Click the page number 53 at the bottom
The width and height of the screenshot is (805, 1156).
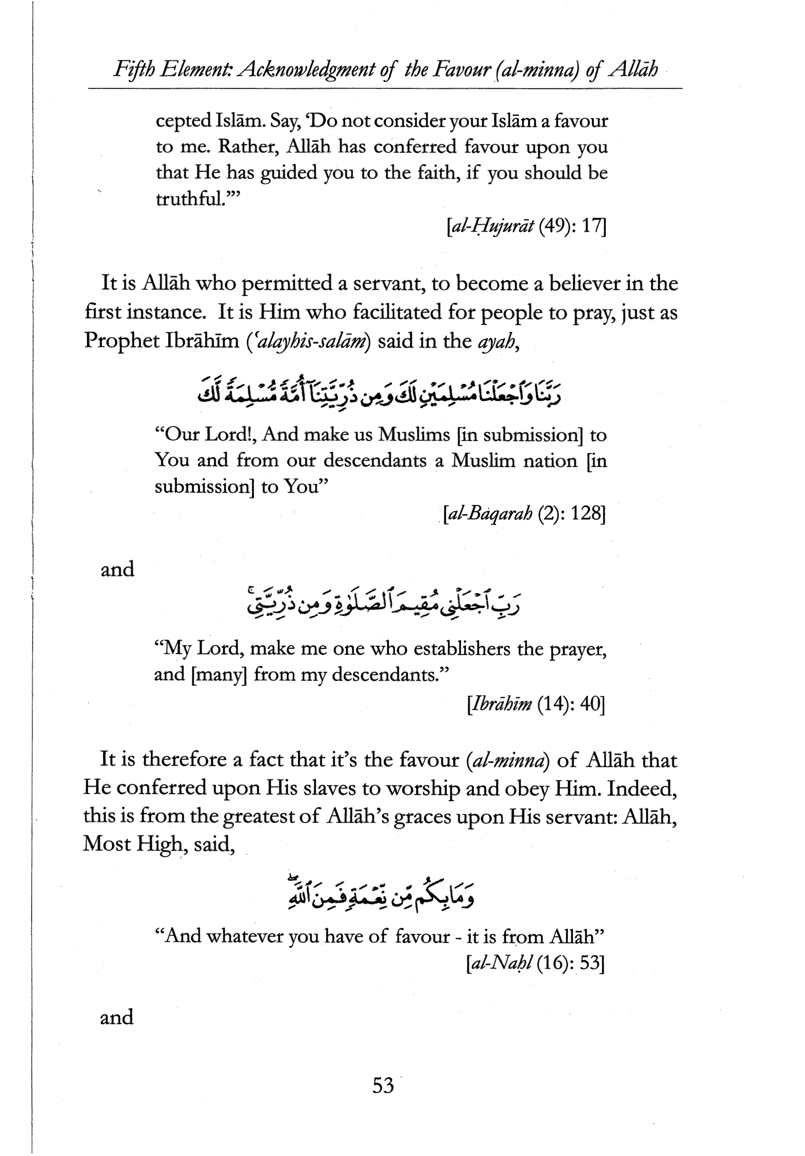tap(383, 1085)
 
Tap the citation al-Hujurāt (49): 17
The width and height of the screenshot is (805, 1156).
tap(526, 228)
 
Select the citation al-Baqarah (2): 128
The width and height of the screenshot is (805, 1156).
tap(523, 514)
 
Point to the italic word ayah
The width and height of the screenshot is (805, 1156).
tap(496, 341)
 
